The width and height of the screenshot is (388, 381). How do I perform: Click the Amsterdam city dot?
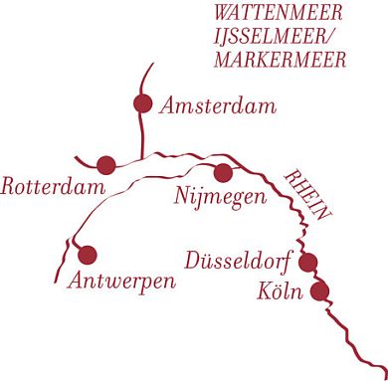pos(142,103)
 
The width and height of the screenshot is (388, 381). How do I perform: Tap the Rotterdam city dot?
pos(106,164)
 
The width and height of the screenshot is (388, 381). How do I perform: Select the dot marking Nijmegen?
pos(223,173)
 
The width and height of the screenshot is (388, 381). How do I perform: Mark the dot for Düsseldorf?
pos(308,263)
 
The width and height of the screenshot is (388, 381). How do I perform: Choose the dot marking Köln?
pos(319,291)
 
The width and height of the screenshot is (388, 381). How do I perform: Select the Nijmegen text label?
pos(220,196)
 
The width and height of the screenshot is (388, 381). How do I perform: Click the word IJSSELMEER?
pos(271,38)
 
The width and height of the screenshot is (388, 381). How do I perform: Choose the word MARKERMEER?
pos(278,60)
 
